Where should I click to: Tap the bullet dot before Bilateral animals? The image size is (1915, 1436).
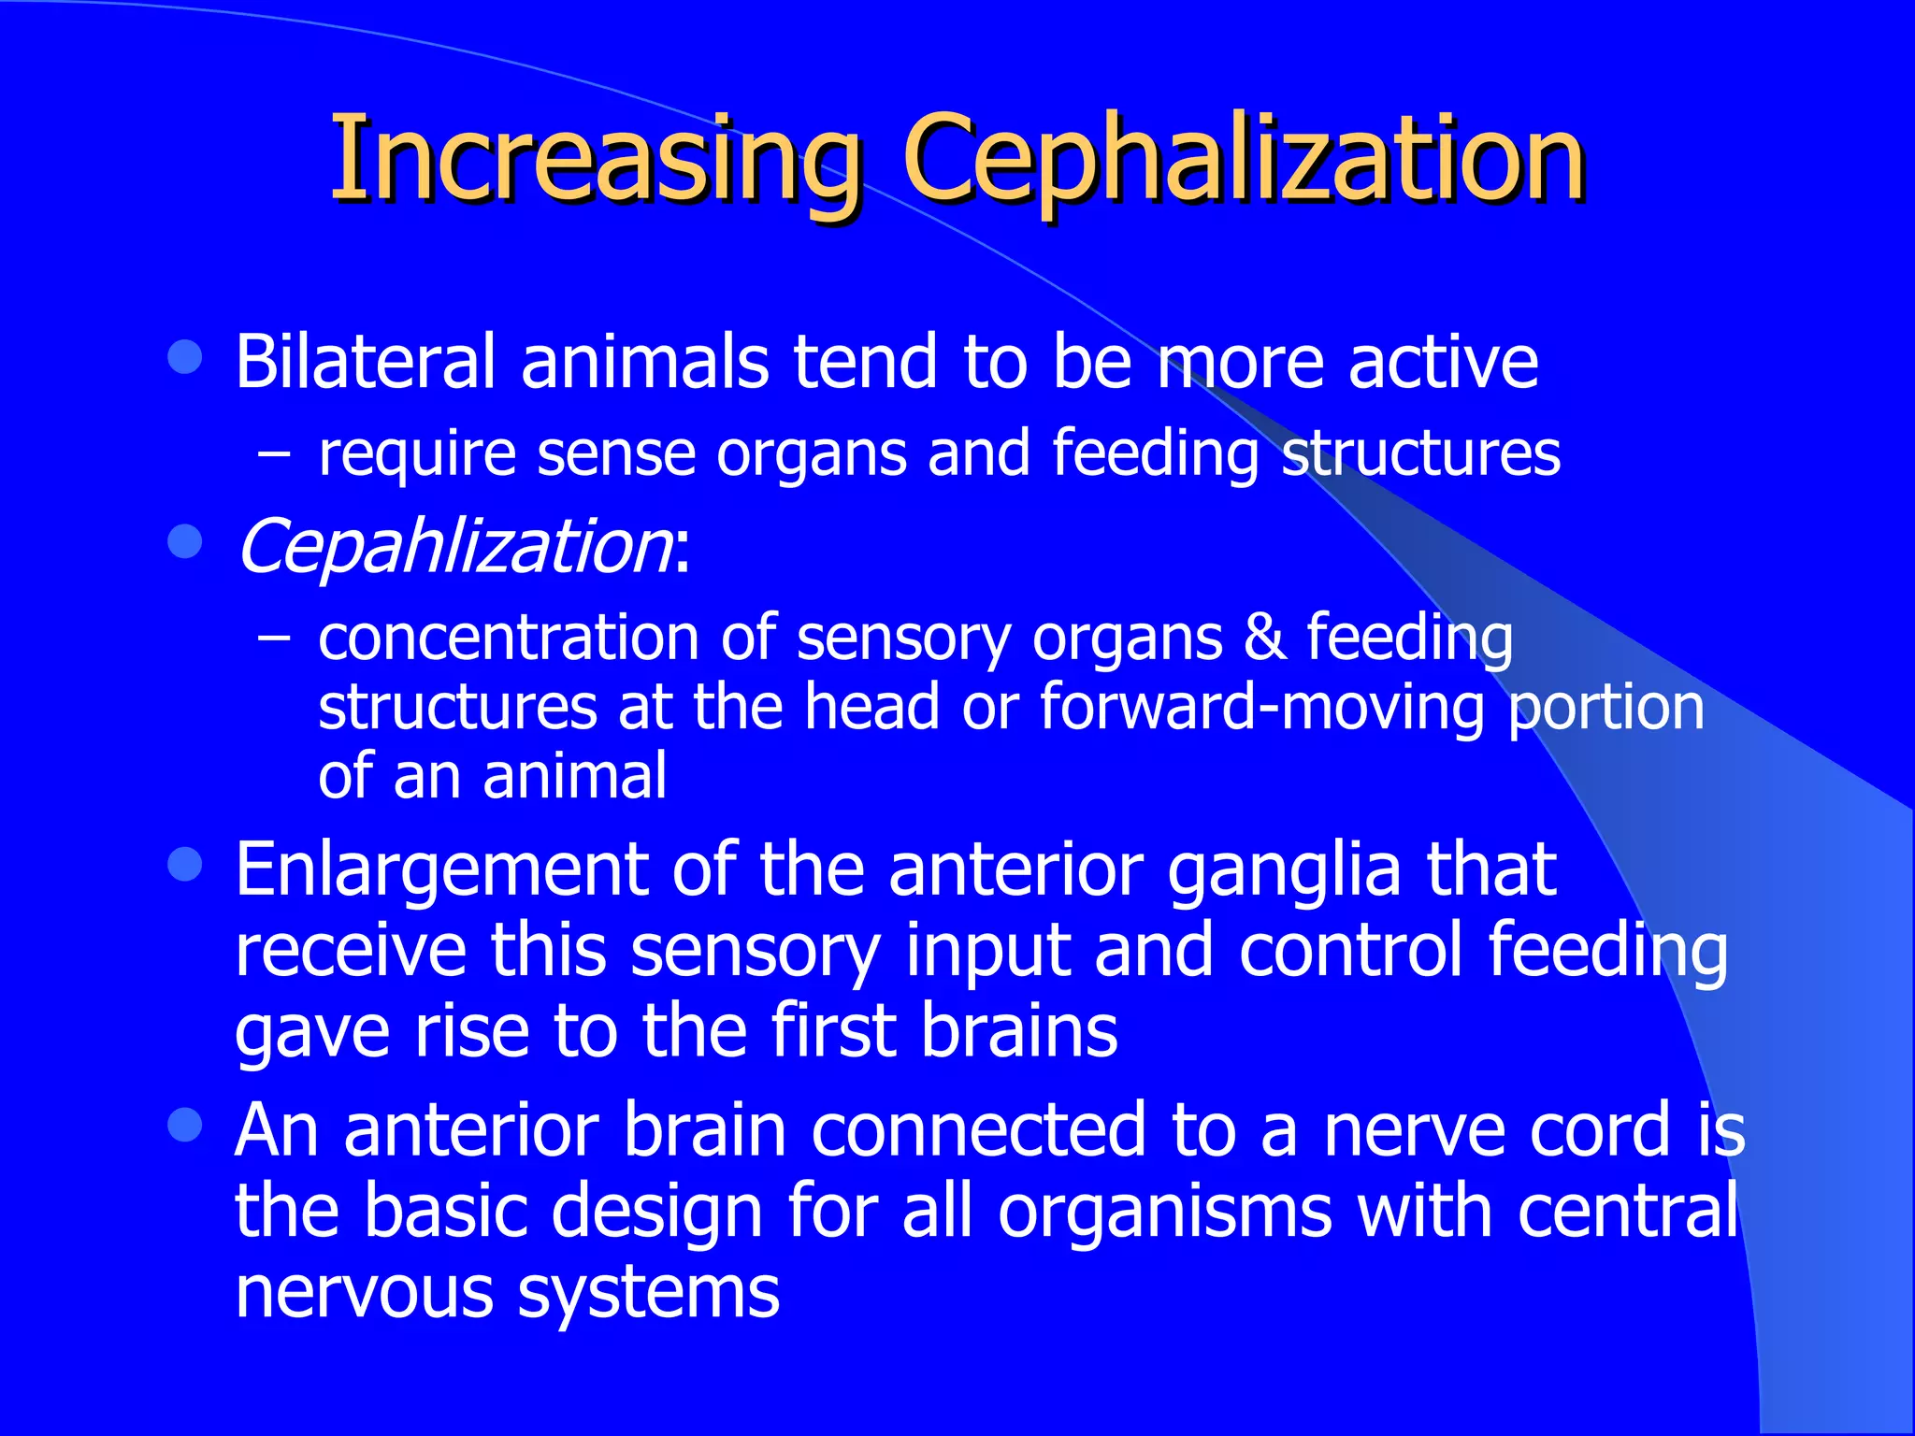(x=185, y=357)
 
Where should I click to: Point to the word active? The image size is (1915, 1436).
(x=1443, y=363)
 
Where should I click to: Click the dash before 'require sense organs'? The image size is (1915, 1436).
(x=274, y=455)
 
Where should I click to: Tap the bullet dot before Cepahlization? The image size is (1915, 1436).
(x=185, y=541)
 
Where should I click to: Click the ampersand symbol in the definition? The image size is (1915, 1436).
(x=1264, y=639)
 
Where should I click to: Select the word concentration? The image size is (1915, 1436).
(x=509, y=639)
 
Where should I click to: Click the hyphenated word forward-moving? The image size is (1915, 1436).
(x=1261, y=708)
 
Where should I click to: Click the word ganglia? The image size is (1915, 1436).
(x=1285, y=871)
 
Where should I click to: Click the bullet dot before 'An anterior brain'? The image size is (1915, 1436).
(x=185, y=1125)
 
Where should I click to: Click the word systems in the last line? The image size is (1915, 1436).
(x=648, y=1293)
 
